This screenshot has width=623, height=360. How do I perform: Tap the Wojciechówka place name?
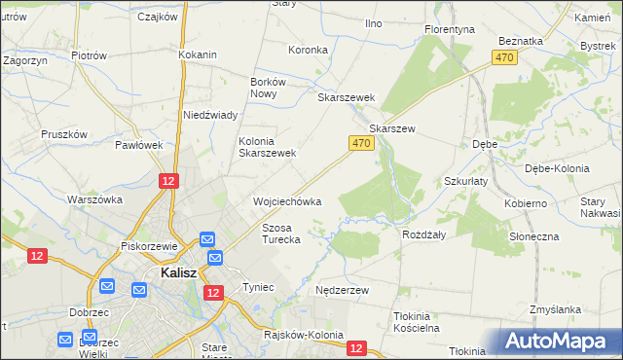[x=287, y=201]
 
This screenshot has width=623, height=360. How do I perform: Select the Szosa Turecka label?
[x=280, y=233]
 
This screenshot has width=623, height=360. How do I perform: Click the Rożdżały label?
[x=424, y=234]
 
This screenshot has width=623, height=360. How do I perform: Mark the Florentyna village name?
[x=450, y=30]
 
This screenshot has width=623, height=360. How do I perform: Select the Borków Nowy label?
[x=267, y=89]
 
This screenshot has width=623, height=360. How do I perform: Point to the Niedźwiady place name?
[x=211, y=115]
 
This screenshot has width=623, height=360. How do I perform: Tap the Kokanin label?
[x=198, y=55]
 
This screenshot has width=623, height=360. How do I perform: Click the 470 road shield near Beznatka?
[x=504, y=58]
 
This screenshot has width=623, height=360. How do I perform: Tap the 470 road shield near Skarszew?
[x=360, y=143]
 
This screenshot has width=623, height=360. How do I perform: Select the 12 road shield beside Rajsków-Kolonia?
[x=356, y=347]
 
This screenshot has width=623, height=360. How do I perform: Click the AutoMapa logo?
[x=559, y=341]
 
